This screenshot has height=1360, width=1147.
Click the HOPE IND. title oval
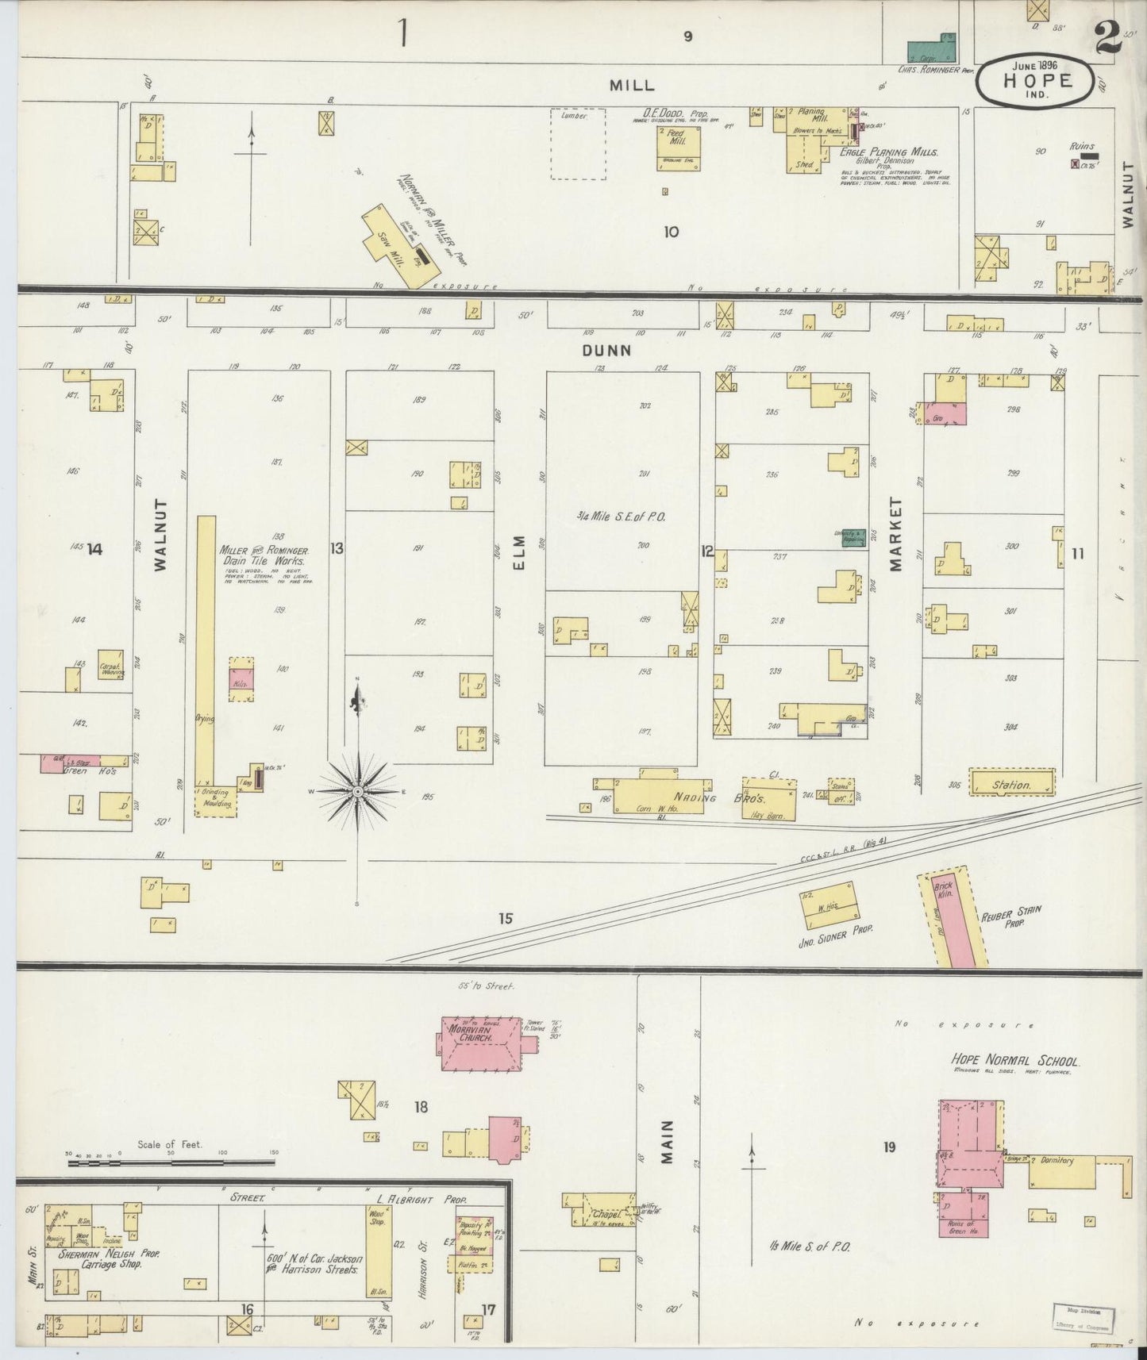(x=1037, y=80)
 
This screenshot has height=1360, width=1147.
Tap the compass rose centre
(x=358, y=791)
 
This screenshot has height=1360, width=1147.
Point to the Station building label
(x=1012, y=785)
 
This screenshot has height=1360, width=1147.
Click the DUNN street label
(x=606, y=349)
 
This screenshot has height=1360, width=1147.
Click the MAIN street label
(x=667, y=1142)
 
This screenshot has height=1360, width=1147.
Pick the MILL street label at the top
(x=632, y=84)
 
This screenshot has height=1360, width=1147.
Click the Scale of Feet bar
(x=171, y=1162)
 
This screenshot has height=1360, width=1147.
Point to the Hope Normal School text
(x=1015, y=1061)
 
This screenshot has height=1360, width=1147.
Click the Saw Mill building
(x=396, y=246)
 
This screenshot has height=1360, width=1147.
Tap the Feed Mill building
(x=677, y=148)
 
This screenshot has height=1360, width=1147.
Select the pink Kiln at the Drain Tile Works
(x=241, y=678)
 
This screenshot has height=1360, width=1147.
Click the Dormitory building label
(x=1056, y=1160)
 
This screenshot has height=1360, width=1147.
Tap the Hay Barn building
(x=768, y=797)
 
